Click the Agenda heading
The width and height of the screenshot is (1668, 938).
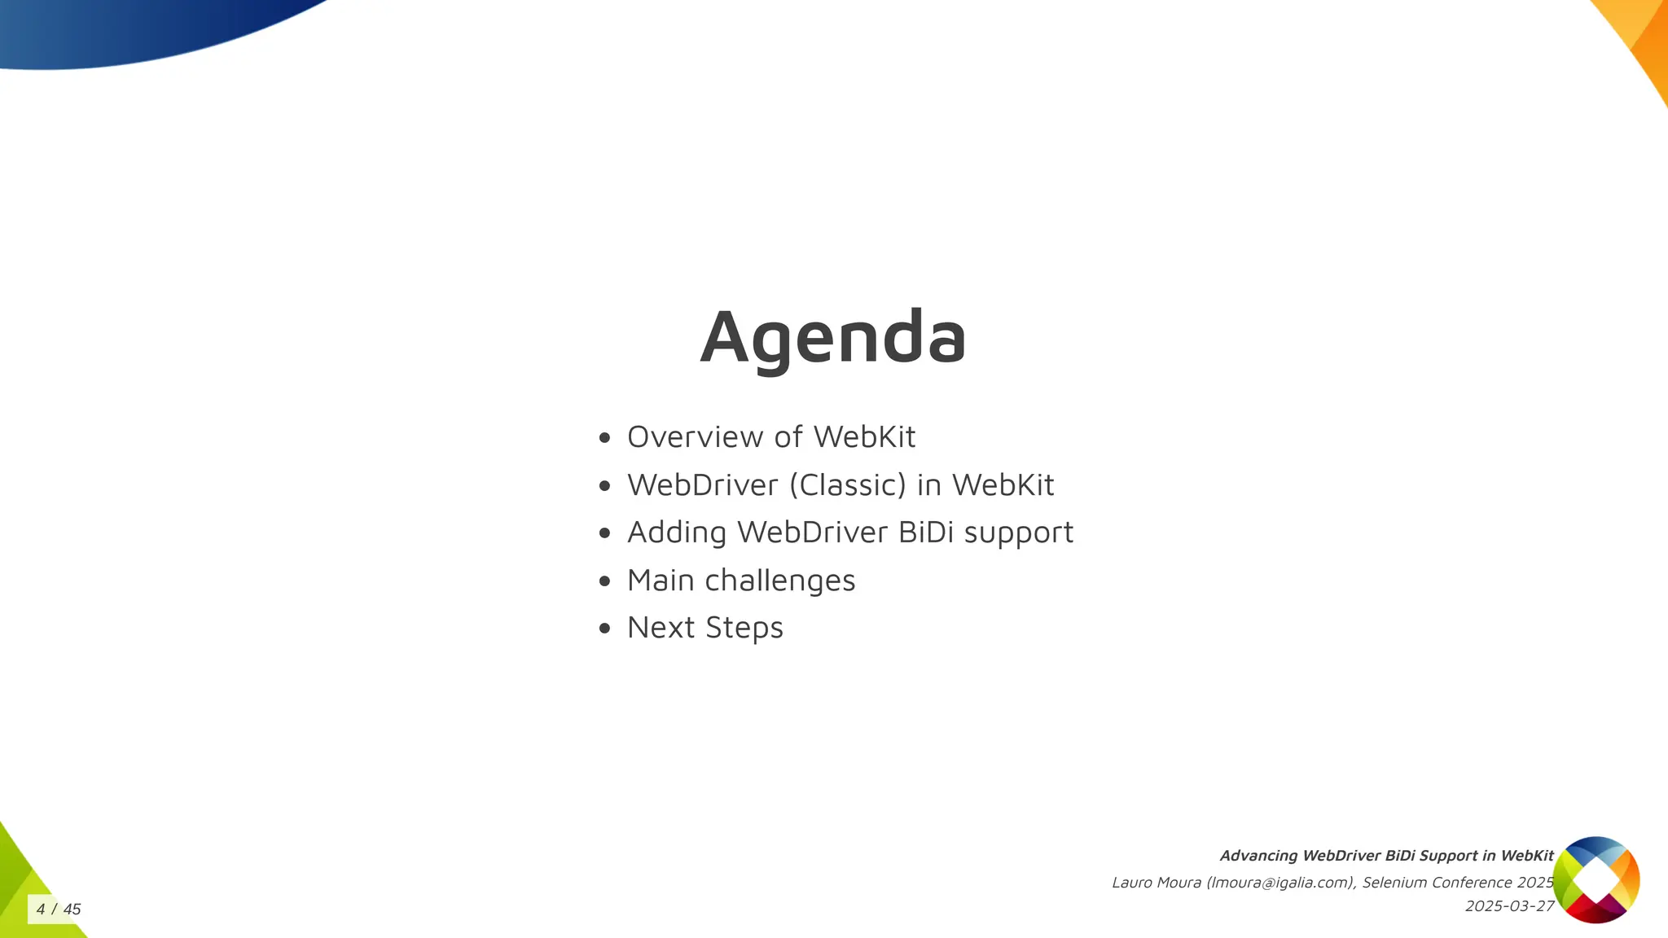(x=833, y=337)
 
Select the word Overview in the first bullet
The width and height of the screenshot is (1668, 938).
(x=695, y=437)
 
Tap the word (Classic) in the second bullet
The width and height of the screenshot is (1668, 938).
(x=847, y=485)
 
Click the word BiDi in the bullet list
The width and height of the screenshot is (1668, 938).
(x=926, y=533)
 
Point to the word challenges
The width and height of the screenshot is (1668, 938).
(x=779, y=581)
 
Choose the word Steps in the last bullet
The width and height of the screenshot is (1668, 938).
(x=744, y=628)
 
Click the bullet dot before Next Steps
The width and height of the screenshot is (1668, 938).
(x=604, y=629)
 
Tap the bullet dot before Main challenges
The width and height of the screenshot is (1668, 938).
(x=604, y=581)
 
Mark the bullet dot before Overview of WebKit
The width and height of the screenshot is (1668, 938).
(x=604, y=438)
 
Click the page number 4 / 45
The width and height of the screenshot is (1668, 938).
(x=59, y=910)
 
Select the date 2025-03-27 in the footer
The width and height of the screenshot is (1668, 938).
(x=1509, y=906)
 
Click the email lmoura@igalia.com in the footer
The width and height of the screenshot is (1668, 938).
(x=1280, y=883)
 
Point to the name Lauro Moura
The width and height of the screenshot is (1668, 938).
(x=1156, y=883)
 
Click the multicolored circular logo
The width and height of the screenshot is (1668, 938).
(x=1596, y=880)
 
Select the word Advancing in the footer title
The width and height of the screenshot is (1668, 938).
(x=1258, y=856)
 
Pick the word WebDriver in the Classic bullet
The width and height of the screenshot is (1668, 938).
(x=702, y=485)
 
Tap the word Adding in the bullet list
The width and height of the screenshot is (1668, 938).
(x=676, y=533)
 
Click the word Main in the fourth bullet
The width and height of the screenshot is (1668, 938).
(x=660, y=581)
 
